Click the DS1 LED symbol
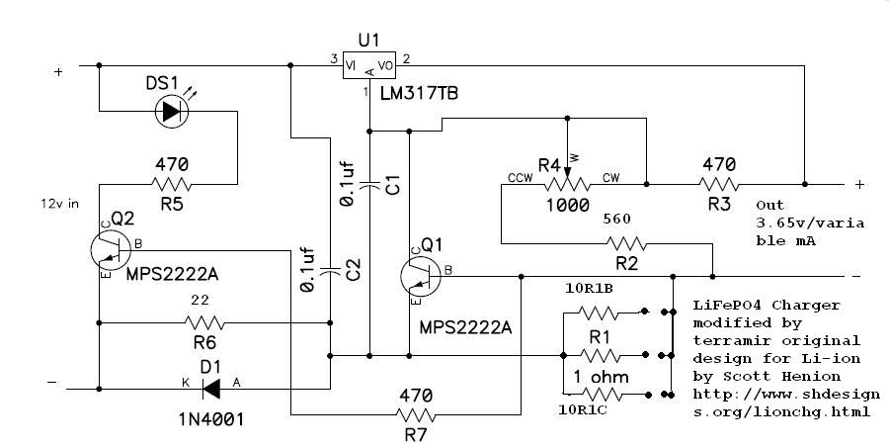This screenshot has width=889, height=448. pos(172,112)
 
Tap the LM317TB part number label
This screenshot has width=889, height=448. pos(419,93)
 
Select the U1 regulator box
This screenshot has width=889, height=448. pos(369,66)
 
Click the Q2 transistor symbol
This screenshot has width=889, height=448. pos(111,250)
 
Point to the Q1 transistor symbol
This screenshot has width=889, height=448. pos(421,277)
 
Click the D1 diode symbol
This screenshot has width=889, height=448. pos(211,390)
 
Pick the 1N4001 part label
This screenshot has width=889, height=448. pos(211,419)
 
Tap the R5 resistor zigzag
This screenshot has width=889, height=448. pos(172,184)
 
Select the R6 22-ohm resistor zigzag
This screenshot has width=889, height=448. pos(204,323)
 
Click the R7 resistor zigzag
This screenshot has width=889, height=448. pos(416,415)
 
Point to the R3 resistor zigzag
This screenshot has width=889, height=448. pos(719,184)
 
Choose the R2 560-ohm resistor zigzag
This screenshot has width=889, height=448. pos(626,244)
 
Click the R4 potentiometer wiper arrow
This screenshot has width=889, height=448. pos(566,148)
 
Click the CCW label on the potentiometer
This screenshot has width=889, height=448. pos(520,178)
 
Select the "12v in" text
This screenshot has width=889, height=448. pos(60,204)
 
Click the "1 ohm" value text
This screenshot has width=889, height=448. pos(601,377)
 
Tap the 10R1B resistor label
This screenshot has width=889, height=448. pos(589,289)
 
